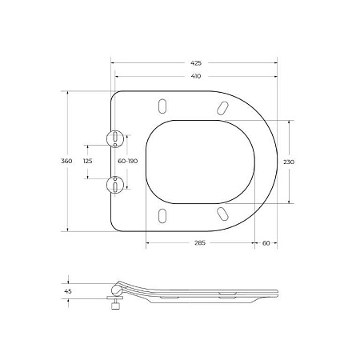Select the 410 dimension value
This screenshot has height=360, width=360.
click(196, 76)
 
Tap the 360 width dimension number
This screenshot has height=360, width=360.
click(67, 162)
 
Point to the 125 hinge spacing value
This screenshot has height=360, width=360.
click(88, 162)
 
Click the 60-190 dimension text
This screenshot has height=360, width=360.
click(127, 162)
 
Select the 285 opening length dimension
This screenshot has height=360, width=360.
click(197, 244)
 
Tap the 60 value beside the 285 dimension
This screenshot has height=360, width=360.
click(266, 244)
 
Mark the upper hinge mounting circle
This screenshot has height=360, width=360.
click(117, 138)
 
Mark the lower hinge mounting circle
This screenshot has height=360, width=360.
click(117, 185)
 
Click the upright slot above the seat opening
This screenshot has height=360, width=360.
click(164, 106)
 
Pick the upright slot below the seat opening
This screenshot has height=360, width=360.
click(164, 216)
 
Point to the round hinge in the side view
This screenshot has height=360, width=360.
click(119, 289)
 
